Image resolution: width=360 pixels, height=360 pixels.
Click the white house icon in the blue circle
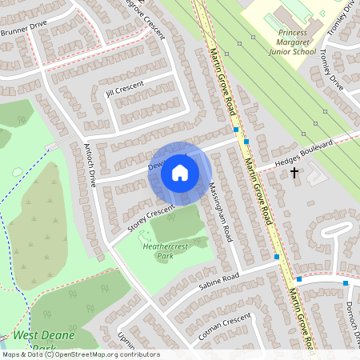coord(180,172)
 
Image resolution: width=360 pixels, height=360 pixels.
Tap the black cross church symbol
coord(294,172)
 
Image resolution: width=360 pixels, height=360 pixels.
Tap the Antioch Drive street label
coord(90,165)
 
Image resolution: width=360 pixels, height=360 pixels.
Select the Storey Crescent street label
coord(150,218)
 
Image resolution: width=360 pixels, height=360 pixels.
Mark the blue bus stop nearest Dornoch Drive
coord(346,283)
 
